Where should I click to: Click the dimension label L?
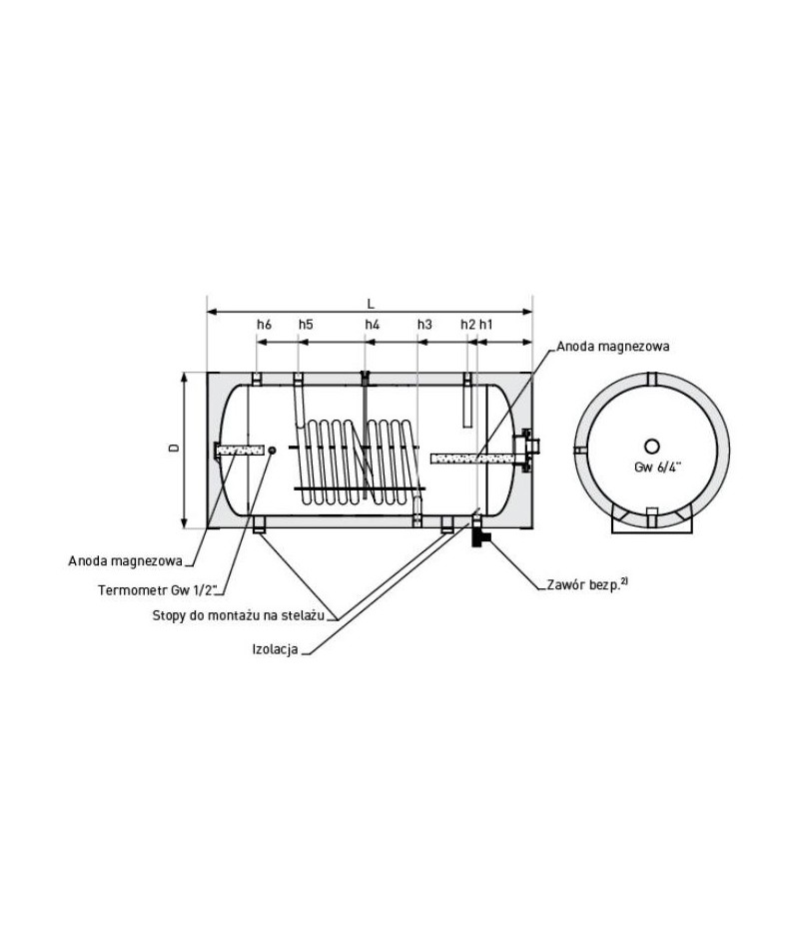pyautogui.click(x=372, y=304)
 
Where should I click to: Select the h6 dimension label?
pyautogui.click(x=264, y=325)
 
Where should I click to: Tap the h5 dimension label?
pyautogui.click(x=306, y=325)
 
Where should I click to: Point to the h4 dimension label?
pyautogui.click(x=373, y=325)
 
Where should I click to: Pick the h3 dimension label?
pyautogui.click(x=424, y=325)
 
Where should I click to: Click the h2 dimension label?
pyautogui.click(x=467, y=325)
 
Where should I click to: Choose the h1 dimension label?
pyautogui.click(x=485, y=325)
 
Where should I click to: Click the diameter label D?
pyautogui.click(x=174, y=449)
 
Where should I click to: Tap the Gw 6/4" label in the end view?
pyautogui.click(x=657, y=467)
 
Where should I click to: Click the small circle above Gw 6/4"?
pyautogui.click(x=652, y=447)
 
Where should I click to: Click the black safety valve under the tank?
pyautogui.click(x=480, y=536)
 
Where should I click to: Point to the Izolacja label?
pyautogui.click(x=276, y=649)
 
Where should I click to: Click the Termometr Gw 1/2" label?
pyautogui.click(x=162, y=589)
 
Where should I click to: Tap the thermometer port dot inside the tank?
pyautogui.click(x=272, y=450)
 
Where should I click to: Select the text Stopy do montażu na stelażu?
pyautogui.click(x=239, y=616)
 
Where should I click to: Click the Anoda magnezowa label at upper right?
pyautogui.click(x=613, y=347)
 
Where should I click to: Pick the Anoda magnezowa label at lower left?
pyautogui.click(x=125, y=561)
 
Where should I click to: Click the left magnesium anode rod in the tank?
pyautogui.click(x=239, y=450)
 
